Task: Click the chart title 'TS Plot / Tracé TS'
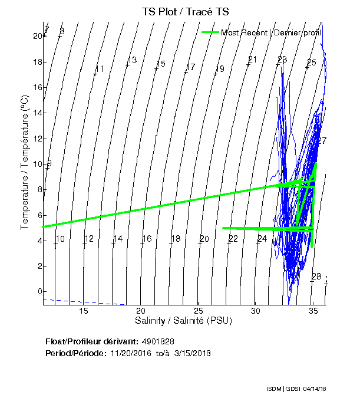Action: (x=184, y=12)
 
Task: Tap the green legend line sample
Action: (x=210, y=32)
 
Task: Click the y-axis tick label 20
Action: (x=37, y=36)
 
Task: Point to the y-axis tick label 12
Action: (x=37, y=139)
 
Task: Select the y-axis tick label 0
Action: (x=39, y=292)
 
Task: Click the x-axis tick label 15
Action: (x=83, y=311)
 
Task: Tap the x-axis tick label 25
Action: (x=198, y=311)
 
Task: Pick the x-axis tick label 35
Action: (x=313, y=311)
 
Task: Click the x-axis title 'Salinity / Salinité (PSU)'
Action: (x=184, y=321)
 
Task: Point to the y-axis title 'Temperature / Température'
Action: (x=25, y=163)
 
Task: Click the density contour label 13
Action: (x=133, y=60)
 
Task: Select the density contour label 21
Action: (x=253, y=60)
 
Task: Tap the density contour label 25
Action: (x=312, y=63)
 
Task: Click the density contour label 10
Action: (x=60, y=239)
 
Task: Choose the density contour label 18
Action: (x=176, y=239)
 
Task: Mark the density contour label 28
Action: (x=316, y=277)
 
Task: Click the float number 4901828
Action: (x=158, y=341)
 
